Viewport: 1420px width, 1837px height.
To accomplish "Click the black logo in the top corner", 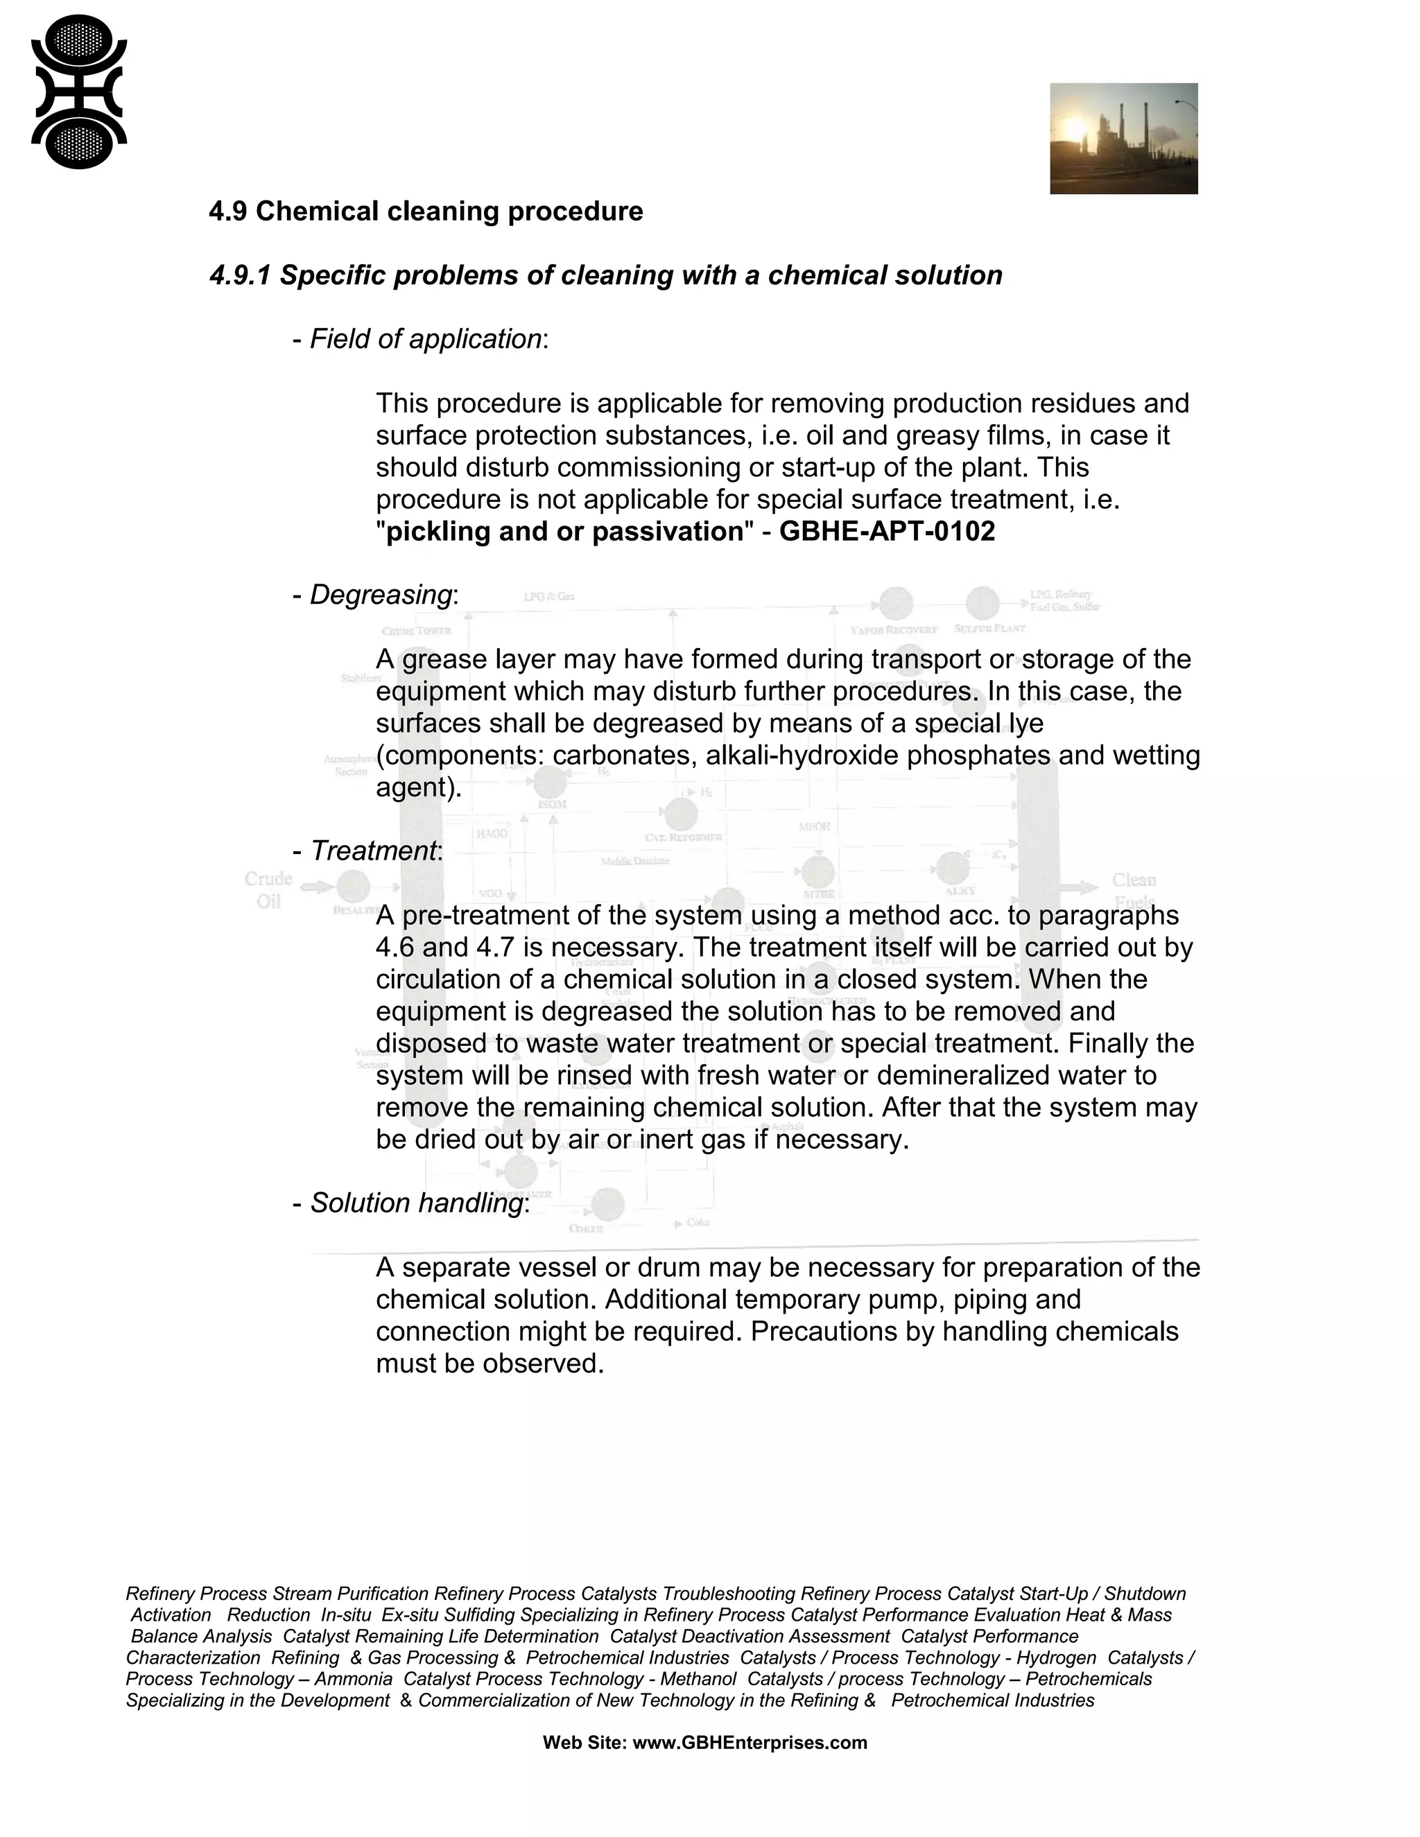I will (79, 92).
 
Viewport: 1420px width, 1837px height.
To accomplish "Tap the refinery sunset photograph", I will (1123, 139).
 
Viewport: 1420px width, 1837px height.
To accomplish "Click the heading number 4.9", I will (227, 211).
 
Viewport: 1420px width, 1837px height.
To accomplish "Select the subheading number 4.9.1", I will (240, 275).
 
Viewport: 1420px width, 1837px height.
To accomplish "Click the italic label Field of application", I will (425, 339).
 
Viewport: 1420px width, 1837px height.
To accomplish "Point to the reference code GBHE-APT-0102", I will (887, 532).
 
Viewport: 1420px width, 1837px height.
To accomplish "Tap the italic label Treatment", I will (374, 851).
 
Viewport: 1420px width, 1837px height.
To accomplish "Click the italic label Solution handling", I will (417, 1203).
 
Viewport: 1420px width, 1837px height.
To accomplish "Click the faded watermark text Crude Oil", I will (268, 889).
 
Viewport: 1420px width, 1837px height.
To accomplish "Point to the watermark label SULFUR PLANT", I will (989, 628).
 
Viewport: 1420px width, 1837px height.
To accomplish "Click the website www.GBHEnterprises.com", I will (749, 1743).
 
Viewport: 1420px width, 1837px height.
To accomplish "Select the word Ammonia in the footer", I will (354, 1679).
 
